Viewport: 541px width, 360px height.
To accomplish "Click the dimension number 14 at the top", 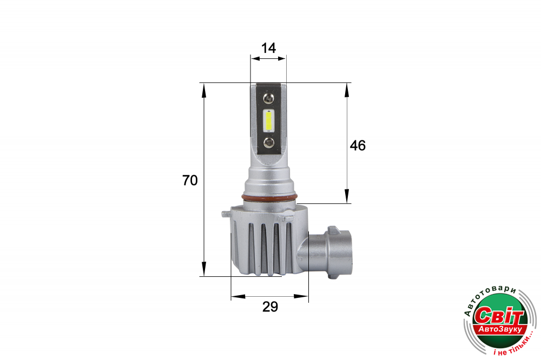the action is pyautogui.click(x=268, y=48).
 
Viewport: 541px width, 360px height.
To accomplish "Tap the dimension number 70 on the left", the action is pyautogui.click(x=190, y=181).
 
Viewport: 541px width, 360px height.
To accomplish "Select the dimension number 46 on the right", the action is pyautogui.click(x=358, y=145).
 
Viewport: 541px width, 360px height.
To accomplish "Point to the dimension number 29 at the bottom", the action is pyautogui.click(x=270, y=306).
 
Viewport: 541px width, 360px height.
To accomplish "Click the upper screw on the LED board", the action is pyautogui.click(x=268, y=99).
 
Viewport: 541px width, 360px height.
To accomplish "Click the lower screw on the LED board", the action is pyautogui.click(x=268, y=142).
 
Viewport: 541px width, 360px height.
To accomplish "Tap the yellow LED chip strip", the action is pyautogui.click(x=268, y=121).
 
